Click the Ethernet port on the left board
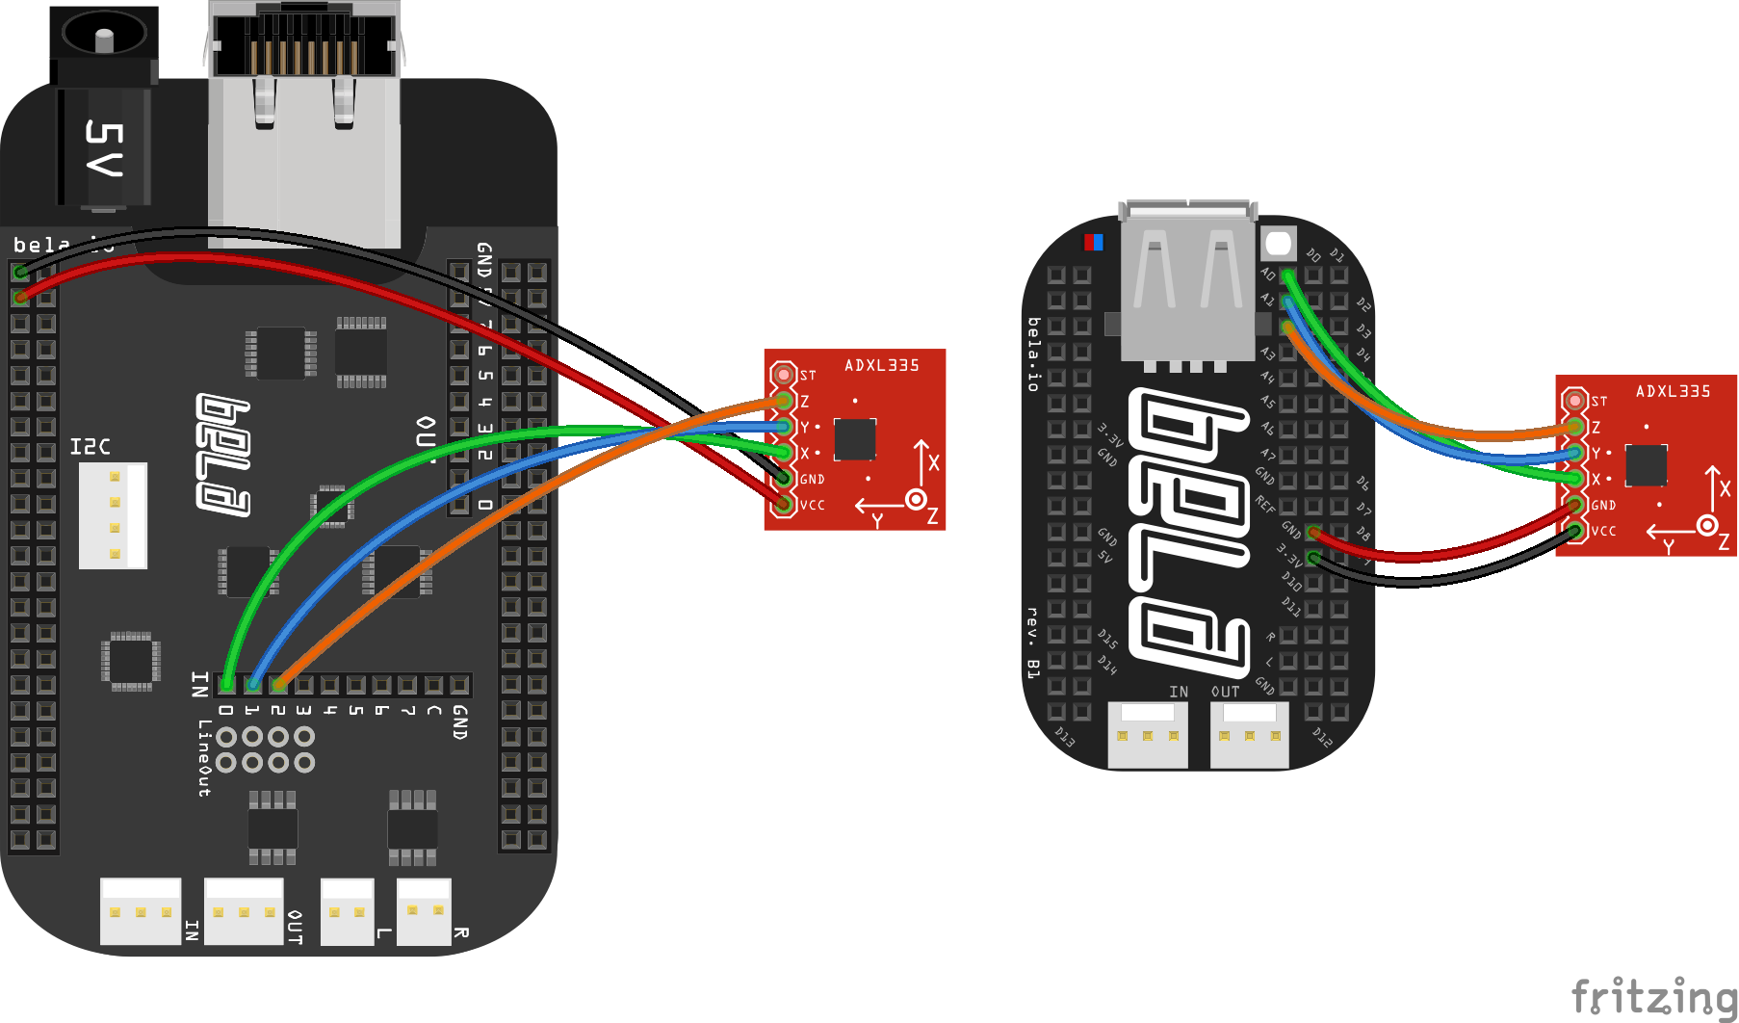point(303,125)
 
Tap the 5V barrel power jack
point(104,106)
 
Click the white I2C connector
point(113,515)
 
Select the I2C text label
point(91,447)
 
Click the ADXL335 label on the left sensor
point(881,366)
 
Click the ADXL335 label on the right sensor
point(1673,392)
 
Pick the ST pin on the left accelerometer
point(784,375)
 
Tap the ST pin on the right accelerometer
point(1574,400)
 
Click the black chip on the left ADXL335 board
point(855,439)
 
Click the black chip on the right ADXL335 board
point(1646,465)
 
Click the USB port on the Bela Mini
point(1188,284)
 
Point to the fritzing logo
point(1653,997)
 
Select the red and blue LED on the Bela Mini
point(1093,242)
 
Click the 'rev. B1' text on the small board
point(1032,643)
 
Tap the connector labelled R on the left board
point(425,911)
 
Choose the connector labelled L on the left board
point(347,911)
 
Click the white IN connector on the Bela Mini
point(1148,735)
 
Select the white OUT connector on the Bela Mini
point(1249,735)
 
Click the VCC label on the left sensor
point(813,506)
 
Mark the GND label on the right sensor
point(1603,506)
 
